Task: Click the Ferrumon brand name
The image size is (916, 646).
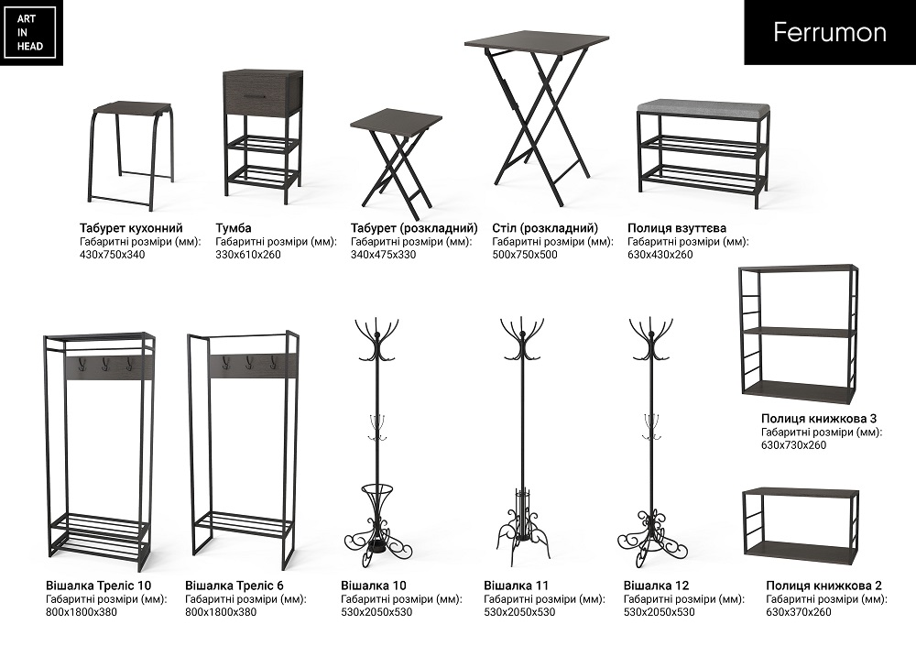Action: click(830, 32)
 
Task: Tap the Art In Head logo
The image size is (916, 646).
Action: click(30, 32)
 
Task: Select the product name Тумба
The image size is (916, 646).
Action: click(233, 228)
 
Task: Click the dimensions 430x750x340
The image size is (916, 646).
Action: click(112, 255)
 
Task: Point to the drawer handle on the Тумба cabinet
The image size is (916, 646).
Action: click(256, 96)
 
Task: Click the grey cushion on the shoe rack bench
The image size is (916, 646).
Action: click(703, 107)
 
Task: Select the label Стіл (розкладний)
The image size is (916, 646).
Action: click(545, 228)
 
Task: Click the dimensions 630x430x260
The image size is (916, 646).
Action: click(660, 255)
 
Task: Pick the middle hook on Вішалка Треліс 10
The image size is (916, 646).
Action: click(105, 364)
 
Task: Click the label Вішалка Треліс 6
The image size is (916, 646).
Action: click(234, 586)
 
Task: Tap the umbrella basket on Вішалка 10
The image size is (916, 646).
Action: click(376, 500)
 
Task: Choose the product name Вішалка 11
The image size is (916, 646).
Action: click(517, 586)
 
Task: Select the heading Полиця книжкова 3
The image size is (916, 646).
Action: click(819, 419)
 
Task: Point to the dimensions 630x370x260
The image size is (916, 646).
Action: click(799, 612)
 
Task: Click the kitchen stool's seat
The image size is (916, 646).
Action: click(132, 109)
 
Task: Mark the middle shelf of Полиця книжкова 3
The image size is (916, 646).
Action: click(798, 333)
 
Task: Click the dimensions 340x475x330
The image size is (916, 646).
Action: click(383, 255)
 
